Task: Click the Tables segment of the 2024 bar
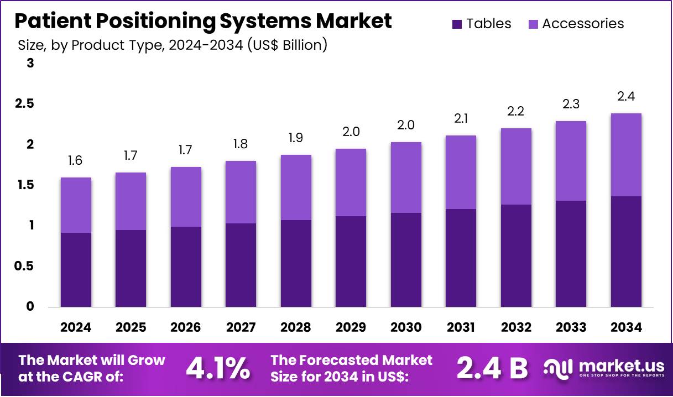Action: tap(76, 270)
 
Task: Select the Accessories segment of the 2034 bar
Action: tap(626, 155)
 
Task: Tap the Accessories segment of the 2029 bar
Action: tap(351, 182)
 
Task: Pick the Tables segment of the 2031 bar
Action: tap(461, 258)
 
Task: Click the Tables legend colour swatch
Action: tap(457, 24)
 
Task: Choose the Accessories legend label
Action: tap(583, 24)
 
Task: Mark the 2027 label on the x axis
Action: tap(241, 327)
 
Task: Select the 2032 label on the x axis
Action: tap(516, 327)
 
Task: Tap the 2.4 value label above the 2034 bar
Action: tap(626, 96)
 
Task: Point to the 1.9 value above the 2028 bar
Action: tap(296, 137)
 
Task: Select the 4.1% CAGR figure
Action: tap(217, 368)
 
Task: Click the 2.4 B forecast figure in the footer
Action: tap(492, 368)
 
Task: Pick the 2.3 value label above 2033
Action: tap(571, 103)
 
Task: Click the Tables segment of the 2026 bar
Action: tap(186, 267)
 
